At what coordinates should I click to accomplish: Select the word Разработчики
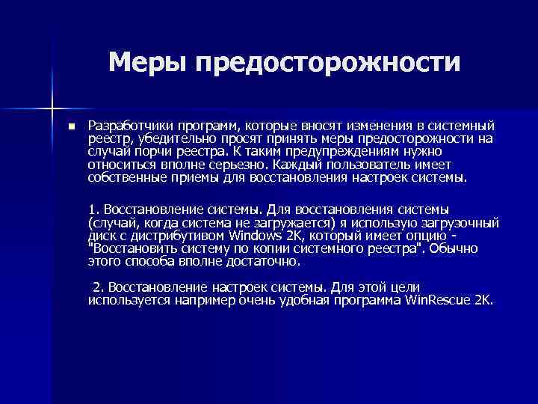pyautogui.click(x=124, y=125)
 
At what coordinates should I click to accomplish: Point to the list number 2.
pyautogui.click(x=96, y=288)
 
